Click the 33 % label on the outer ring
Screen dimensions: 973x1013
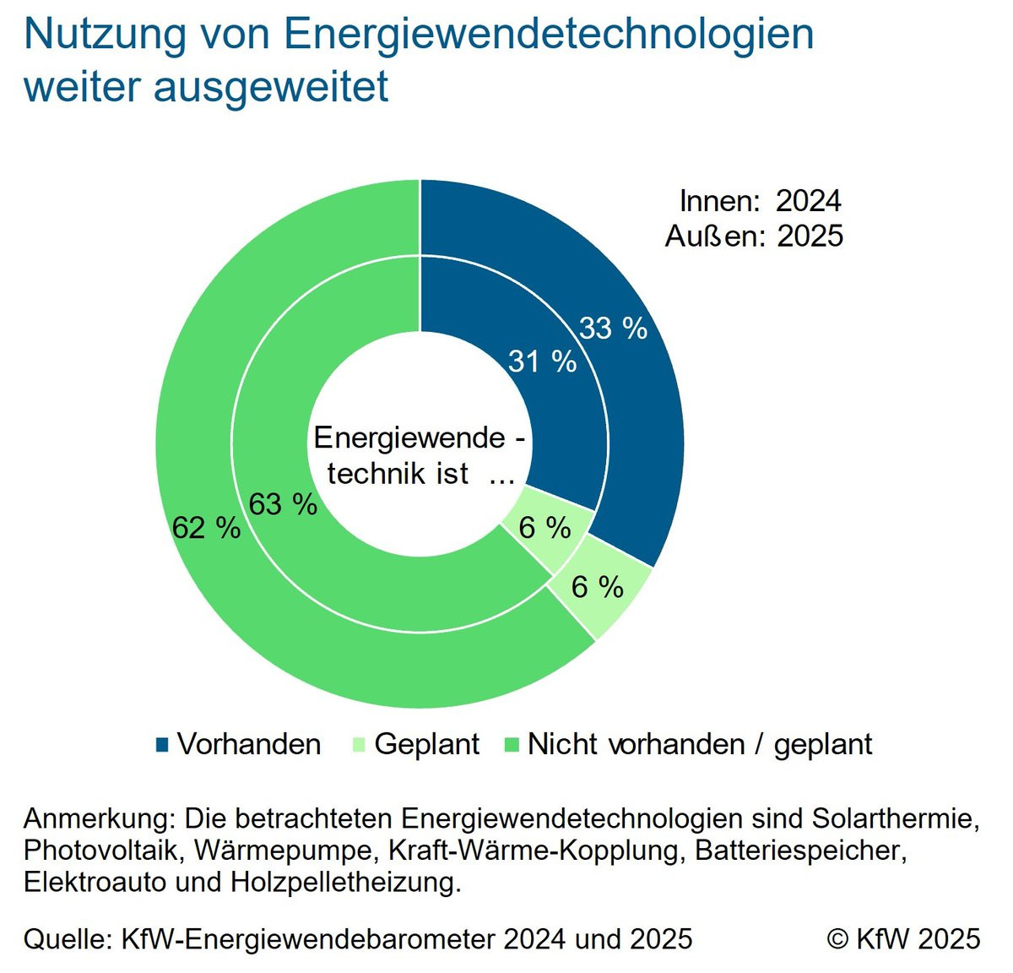click(x=613, y=328)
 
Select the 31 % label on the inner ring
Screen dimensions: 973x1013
click(x=542, y=361)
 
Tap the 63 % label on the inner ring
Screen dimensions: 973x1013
click(x=283, y=504)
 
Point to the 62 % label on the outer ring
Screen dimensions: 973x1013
click(x=206, y=528)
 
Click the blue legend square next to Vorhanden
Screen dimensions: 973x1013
click(x=163, y=744)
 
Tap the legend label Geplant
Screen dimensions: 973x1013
click(x=426, y=744)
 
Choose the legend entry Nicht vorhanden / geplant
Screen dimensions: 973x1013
click(x=699, y=744)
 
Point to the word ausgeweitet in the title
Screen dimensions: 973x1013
click(x=271, y=86)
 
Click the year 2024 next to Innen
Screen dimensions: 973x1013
click(x=808, y=201)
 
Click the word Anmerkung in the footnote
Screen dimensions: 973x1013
click(x=96, y=818)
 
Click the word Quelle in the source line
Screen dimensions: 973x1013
click(x=67, y=938)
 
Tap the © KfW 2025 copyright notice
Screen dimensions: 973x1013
click(x=903, y=938)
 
